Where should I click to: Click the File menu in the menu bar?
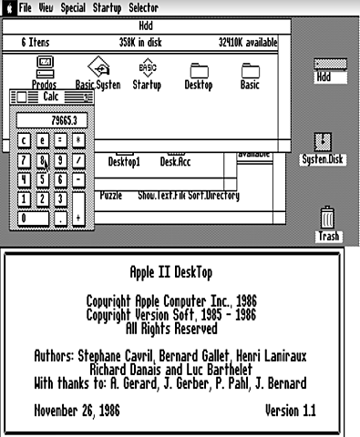click(x=25, y=6)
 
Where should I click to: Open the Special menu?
click(x=73, y=6)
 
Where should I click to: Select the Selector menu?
click(x=143, y=6)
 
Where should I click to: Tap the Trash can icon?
click(x=328, y=218)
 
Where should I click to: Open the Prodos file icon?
click(x=44, y=66)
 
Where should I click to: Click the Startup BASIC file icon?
click(x=147, y=67)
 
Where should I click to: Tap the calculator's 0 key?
click(x=34, y=218)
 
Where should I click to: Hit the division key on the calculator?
click(x=79, y=160)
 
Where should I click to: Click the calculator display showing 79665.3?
click(x=52, y=118)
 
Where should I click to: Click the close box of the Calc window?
click(x=19, y=97)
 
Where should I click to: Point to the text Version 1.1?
click(x=290, y=411)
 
